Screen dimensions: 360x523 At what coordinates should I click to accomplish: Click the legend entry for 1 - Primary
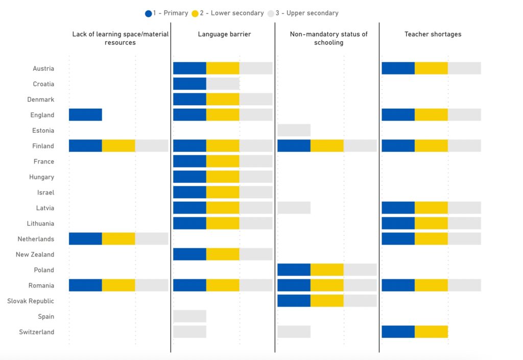click(167, 13)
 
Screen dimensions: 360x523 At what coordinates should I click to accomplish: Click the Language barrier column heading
click(224, 34)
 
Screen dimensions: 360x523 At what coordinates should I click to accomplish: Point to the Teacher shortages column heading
click(433, 34)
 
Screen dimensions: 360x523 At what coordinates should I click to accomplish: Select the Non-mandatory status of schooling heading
click(328, 38)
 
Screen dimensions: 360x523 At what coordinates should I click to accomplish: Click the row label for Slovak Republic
click(31, 301)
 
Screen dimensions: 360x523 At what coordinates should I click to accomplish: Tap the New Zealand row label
click(35, 255)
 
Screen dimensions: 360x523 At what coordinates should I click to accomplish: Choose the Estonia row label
click(43, 131)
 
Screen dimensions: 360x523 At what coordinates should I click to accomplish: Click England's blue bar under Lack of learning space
click(85, 115)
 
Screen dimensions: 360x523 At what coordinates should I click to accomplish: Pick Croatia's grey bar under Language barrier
click(223, 84)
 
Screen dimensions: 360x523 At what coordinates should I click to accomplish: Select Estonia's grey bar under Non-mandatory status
click(294, 130)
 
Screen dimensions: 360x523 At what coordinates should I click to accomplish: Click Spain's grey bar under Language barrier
click(189, 317)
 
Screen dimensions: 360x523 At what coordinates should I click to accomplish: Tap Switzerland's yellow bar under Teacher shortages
click(431, 332)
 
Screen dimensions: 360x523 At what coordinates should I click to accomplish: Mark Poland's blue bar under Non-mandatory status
click(294, 270)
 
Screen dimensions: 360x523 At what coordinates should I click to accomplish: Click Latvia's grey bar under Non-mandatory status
click(294, 208)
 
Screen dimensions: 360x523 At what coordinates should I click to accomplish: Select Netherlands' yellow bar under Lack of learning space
click(118, 239)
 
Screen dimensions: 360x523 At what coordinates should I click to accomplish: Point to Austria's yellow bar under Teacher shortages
click(431, 68)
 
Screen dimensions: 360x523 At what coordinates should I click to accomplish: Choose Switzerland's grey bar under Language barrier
click(189, 332)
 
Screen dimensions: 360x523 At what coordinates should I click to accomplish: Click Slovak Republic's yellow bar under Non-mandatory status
click(327, 301)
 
